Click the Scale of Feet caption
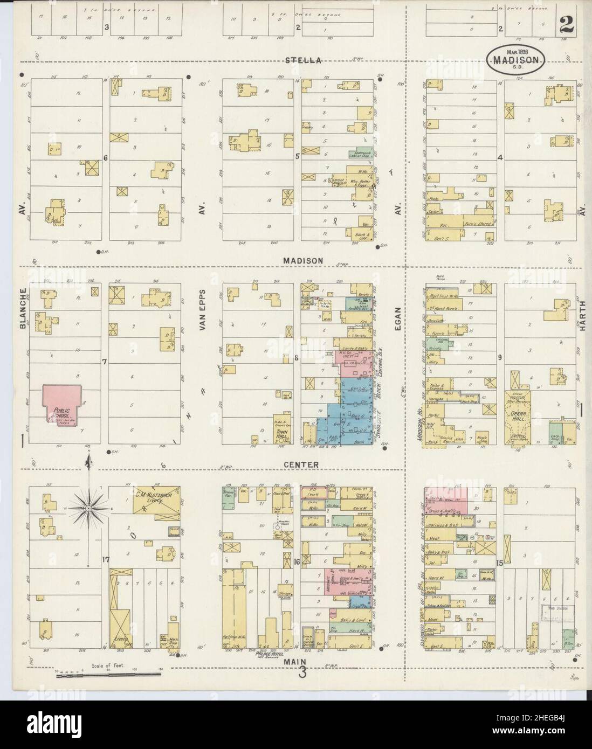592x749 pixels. point(108,666)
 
